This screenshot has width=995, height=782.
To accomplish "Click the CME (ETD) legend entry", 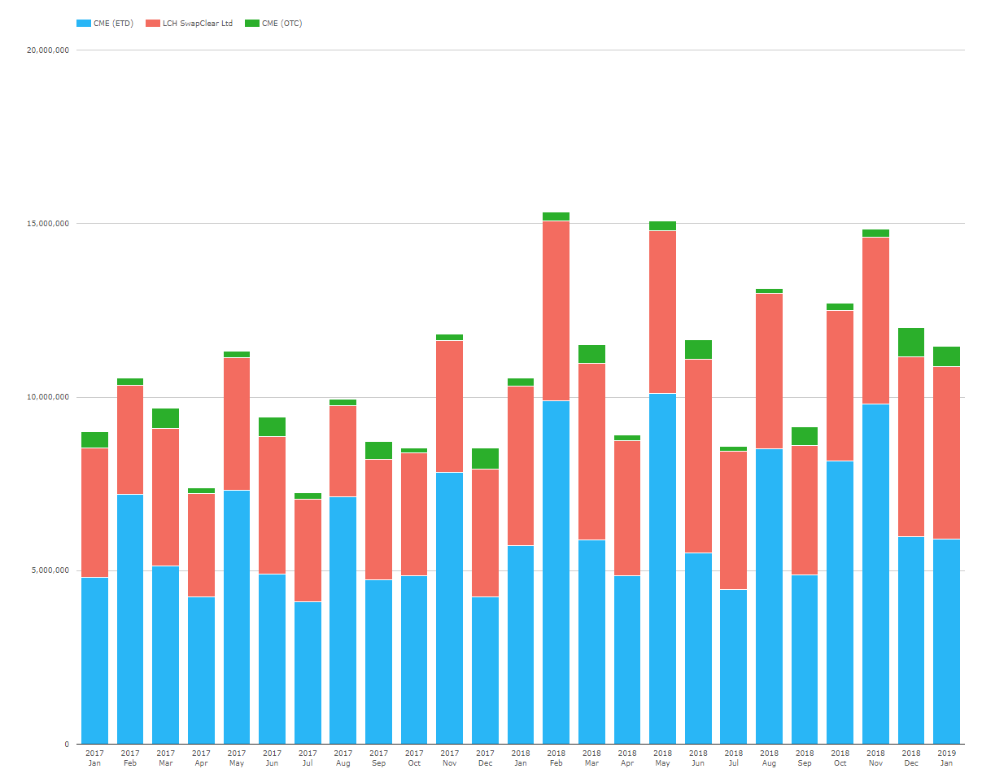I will point(105,24).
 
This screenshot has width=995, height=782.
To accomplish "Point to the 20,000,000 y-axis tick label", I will point(48,50).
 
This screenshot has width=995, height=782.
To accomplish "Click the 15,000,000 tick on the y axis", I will point(48,224).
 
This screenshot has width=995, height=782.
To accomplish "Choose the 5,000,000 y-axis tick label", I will point(50,570).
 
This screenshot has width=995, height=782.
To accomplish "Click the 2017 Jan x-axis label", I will point(94,758).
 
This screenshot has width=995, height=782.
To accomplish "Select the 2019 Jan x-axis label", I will point(946,758).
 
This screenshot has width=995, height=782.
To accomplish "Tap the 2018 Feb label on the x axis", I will point(556,758).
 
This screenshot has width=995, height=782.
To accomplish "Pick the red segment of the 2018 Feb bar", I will point(556,311).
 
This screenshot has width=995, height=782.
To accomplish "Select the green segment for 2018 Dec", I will point(910,342).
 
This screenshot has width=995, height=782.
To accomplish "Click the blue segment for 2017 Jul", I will point(308,672).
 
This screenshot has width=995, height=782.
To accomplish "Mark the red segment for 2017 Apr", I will point(201,545).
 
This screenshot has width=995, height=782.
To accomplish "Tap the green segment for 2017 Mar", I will point(165,418).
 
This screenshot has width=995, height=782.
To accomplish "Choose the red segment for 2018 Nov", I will point(875,321).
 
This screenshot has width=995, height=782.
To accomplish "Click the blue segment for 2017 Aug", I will point(343,620).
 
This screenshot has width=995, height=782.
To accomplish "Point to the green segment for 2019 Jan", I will point(946,356).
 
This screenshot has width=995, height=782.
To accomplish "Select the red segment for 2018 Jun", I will point(698,456).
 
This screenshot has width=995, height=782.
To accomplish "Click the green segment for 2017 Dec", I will point(485,458).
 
